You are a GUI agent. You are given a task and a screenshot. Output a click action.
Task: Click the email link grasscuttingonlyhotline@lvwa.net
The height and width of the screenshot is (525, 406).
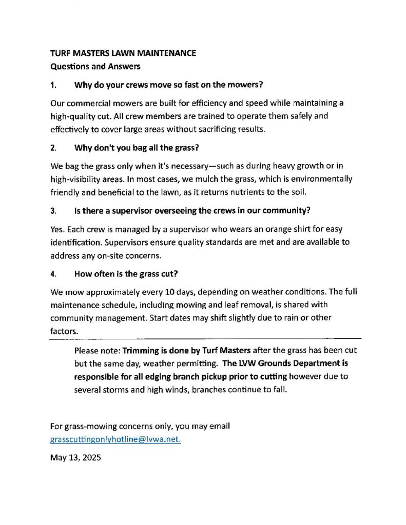(115, 439)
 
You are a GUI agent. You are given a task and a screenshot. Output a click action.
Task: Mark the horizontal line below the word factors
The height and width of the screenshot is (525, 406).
(205, 339)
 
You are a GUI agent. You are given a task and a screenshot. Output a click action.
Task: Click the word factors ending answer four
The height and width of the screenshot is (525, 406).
(64, 331)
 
